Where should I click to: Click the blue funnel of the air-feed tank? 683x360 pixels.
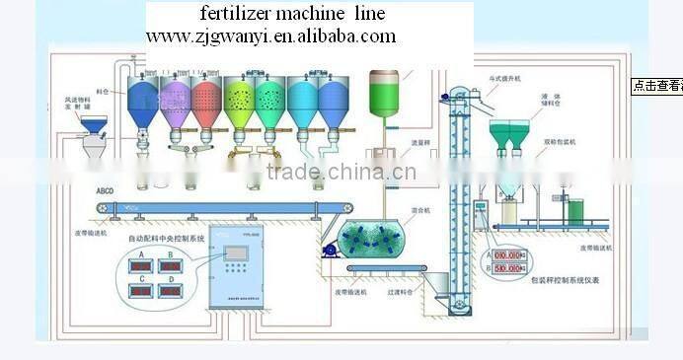(94, 125)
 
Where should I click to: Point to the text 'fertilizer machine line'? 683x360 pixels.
(292, 15)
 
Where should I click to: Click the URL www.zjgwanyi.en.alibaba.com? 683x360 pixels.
(271, 36)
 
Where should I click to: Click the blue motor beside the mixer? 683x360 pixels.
(330, 252)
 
